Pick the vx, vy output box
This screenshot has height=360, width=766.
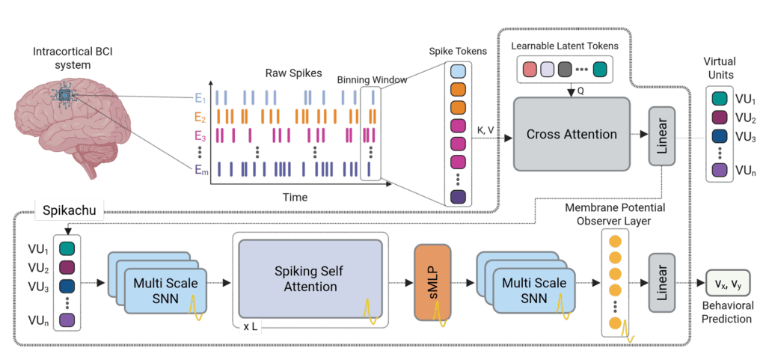click(x=727, y=284)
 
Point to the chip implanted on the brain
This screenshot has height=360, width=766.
click(x=66, y=96)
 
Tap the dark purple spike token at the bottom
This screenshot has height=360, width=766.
click(x=458, y=198)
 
